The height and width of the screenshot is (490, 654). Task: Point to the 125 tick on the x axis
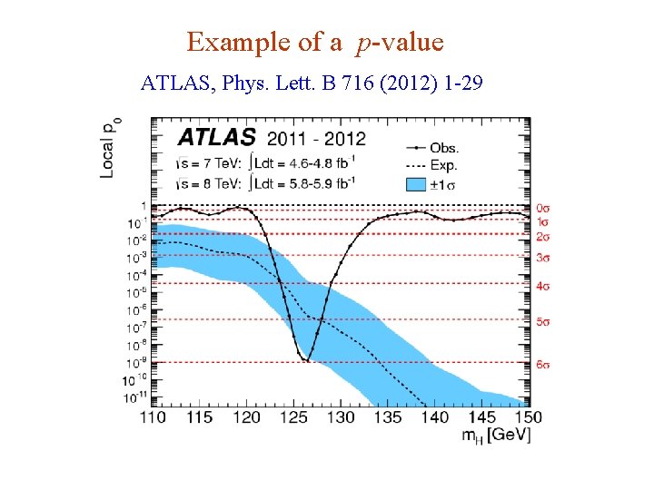coord(293,416)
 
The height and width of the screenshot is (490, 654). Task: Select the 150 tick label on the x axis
coord(528,416)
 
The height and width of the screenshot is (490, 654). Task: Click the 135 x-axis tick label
coord(388,416)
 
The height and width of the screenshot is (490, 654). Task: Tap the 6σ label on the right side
coord(544,365)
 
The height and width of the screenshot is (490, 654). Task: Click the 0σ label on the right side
coord(544,208)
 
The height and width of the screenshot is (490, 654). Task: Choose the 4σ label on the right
coord(544,286)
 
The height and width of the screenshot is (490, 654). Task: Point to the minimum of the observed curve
coord(306,360)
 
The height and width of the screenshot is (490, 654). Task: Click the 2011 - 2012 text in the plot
coord(316,138)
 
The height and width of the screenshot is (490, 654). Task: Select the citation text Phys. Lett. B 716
coord(283,84)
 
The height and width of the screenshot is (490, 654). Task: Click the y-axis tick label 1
coord(142,205)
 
